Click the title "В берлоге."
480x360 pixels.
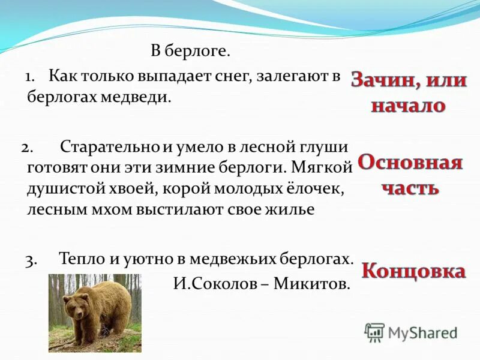[190, 52]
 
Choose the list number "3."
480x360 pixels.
[32, 259]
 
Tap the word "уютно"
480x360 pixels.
[151, 259]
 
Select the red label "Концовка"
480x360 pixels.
[413, 271]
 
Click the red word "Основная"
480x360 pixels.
[410, 163]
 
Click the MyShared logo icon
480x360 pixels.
[374, 332]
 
